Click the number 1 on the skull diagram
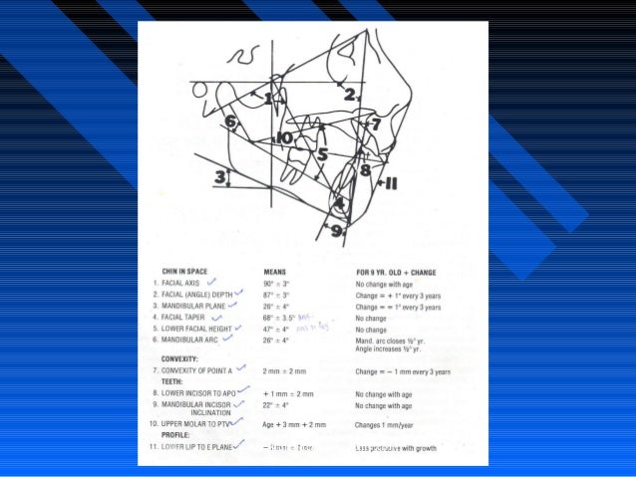click(268, 98)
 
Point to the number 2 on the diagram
click(350, 95)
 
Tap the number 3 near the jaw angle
click(219, 176)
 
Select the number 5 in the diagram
click(322, 154)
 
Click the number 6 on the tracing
click(230, 122)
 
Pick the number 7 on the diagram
click(375, 124)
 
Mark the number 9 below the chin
click(336, 230)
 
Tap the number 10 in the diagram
click(284, 137)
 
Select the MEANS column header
click(276, 270)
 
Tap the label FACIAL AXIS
click(182, 283)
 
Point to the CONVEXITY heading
click(181, 358)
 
